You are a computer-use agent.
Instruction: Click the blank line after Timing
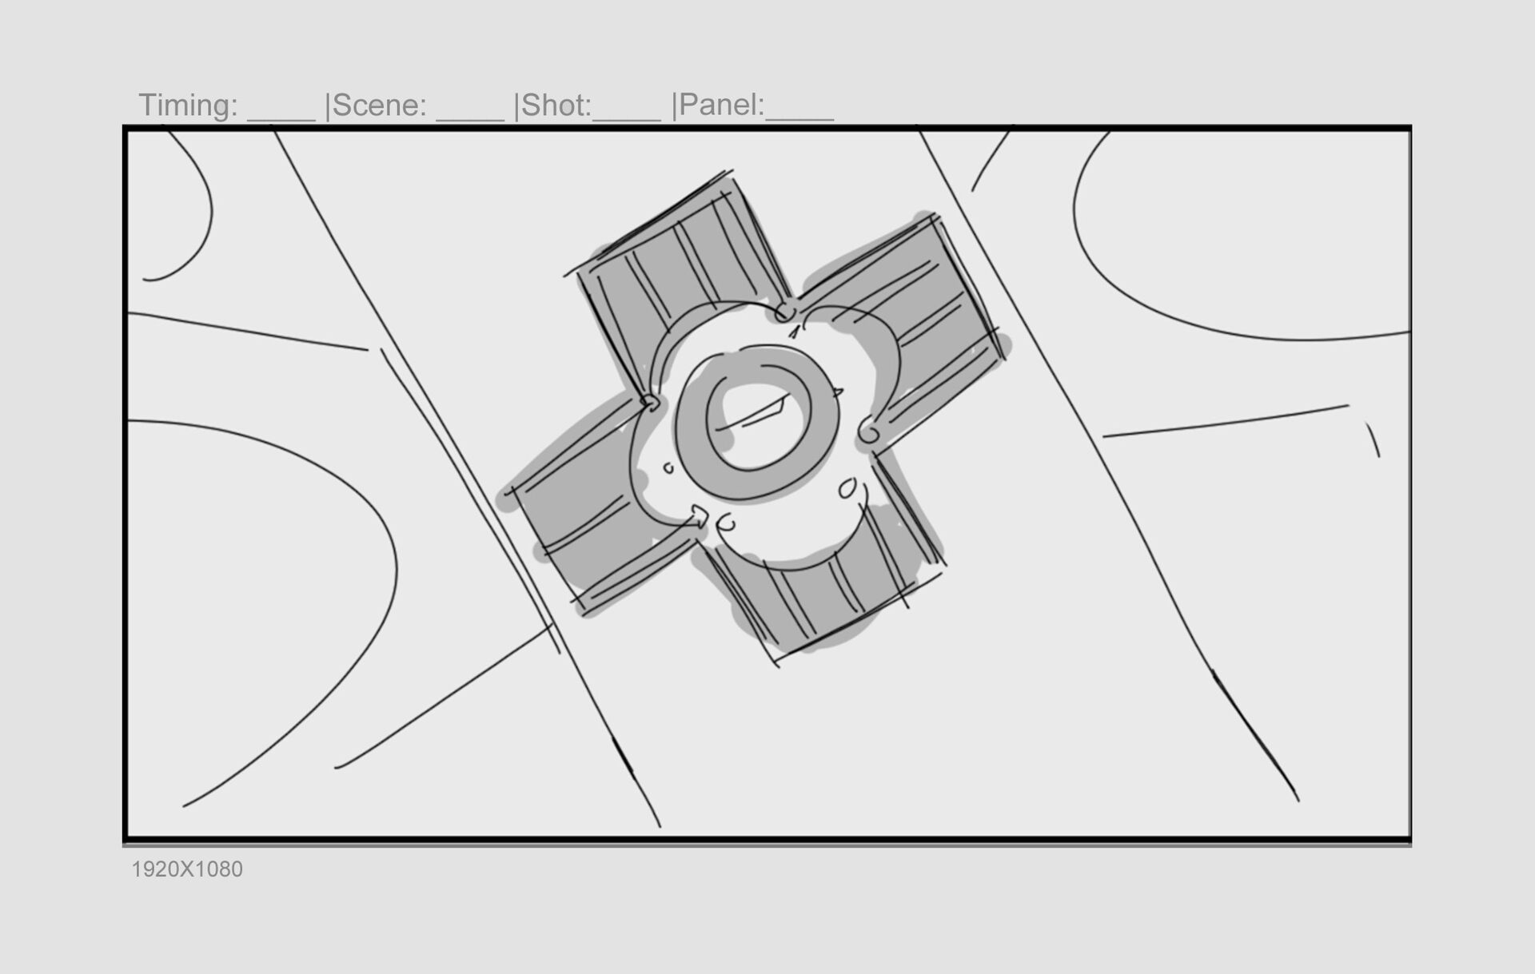pyautogui.click(x=281, y=119)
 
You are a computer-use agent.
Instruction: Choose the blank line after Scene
pyautogui.click(x=470, y=119)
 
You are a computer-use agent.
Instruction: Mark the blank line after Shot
pyautogui.click(x=627, y=119)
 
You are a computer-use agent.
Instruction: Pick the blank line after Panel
pyautogui.click(x=799, y=119)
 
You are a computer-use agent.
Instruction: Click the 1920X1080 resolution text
pyautogui.click(x=187, y=869)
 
